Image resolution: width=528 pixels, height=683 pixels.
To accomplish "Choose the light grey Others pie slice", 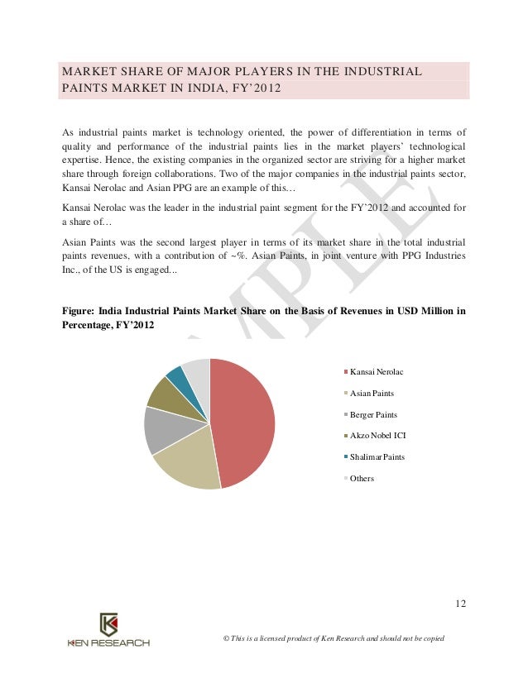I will (197, 370).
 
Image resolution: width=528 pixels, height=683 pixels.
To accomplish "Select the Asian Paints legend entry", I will (372, 393).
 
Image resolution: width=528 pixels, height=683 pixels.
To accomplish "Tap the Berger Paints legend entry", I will (373, 414).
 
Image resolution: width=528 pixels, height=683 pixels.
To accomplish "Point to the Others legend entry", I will (362, 479).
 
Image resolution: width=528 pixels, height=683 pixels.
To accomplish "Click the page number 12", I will (460, 603).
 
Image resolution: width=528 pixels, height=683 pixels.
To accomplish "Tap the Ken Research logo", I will (108, 631).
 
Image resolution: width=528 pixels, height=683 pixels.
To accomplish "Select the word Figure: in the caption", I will (79, 311).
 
